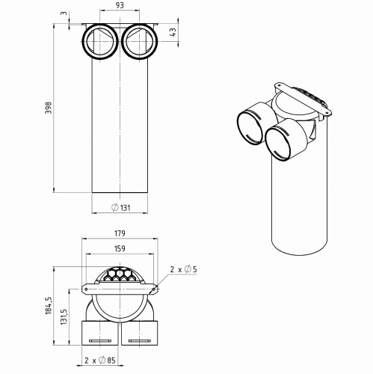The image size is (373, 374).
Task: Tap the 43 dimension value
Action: point(173,34)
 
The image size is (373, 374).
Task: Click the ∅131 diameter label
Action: point(124,207)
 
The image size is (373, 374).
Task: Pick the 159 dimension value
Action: point(120,248)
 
